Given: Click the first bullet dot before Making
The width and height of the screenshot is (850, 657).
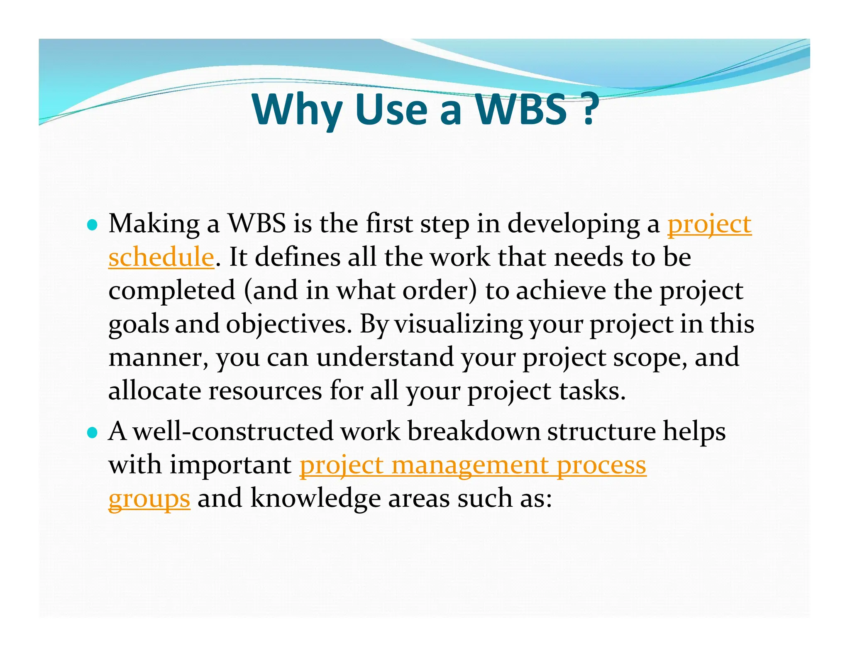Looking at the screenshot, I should [93, 226].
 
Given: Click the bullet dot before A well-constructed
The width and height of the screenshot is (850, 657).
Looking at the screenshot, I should [93, 433].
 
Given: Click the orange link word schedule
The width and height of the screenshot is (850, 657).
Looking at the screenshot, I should [161, 257].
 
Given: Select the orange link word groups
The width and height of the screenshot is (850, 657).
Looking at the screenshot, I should [149, 498].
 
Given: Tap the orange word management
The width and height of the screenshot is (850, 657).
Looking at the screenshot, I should [469, 465].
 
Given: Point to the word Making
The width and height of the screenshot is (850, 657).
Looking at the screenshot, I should [154, 224].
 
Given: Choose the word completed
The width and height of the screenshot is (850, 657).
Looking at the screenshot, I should [172, 291].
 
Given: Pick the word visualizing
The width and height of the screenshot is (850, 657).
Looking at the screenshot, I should [458, 324].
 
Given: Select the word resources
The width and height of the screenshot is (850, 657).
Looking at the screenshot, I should [265, 391].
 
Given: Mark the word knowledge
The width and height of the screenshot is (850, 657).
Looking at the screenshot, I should [315, 498].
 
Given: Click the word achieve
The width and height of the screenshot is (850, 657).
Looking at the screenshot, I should [561, 291].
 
